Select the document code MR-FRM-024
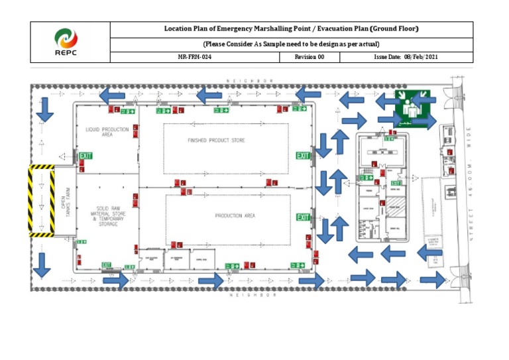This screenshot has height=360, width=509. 195,58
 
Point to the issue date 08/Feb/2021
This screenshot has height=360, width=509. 406,58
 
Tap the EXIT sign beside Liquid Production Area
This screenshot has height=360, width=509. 85,156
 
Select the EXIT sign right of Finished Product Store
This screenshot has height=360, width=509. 303,156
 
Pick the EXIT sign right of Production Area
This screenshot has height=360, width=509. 303,217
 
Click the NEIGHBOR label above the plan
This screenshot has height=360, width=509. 249,81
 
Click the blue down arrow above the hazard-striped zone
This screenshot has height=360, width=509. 44,110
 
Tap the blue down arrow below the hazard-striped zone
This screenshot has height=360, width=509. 41,265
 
